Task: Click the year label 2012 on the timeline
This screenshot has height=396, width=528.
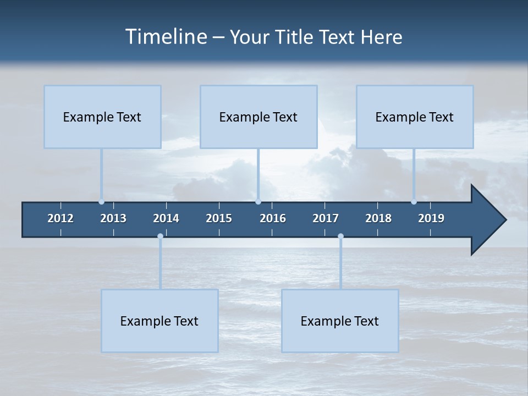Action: pos(61,218)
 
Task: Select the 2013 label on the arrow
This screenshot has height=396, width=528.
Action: pos(113,218)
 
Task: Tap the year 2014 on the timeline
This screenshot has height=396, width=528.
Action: pos(166,218)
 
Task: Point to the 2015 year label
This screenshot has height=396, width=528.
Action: pos(219,218)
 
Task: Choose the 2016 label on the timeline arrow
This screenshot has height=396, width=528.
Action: pos(273,218)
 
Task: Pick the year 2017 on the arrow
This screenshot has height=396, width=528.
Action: pos(326,218)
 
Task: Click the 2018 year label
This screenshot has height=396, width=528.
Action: pos(378,218)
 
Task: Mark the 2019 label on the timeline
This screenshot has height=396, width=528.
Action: pos(431,218)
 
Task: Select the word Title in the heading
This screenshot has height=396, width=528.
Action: pos(295,37)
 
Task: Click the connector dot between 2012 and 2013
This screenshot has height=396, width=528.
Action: pos(101,202)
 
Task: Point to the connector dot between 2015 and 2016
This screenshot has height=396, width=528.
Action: pos(258,202)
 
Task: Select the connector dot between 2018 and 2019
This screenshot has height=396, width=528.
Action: pos(414,202)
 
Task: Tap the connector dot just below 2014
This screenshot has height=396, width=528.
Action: pos(160,237)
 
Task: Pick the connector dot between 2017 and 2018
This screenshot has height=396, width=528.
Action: pos(340,237)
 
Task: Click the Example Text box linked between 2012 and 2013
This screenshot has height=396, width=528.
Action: pos(102,117)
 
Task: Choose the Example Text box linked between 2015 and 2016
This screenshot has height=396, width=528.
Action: pos(258,117)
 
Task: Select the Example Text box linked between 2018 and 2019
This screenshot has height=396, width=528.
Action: pos(415,117)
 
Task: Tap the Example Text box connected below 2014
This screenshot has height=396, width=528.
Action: pos(159,321)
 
